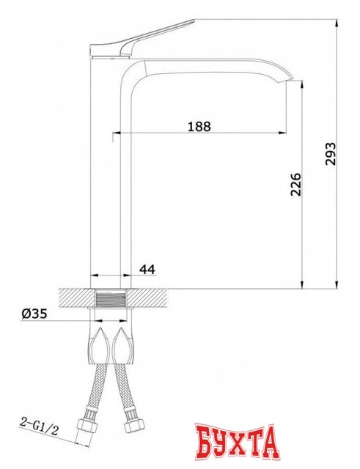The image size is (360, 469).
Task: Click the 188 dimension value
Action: (199, 126)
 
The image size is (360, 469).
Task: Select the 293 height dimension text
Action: (331, 154)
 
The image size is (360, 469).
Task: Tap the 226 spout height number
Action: (295, 184)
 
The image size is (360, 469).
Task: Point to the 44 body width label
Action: (147, 270)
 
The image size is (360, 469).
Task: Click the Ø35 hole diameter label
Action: (34, 314)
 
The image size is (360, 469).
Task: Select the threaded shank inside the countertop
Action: (111, 298)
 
